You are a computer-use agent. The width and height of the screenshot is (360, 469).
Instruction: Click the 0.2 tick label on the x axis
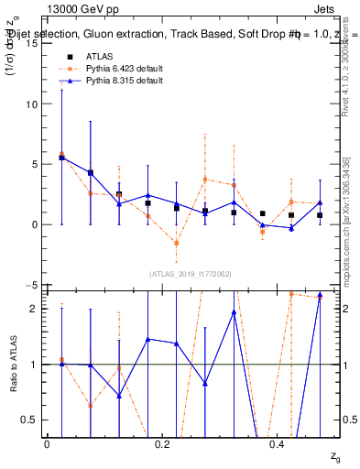[162, 444]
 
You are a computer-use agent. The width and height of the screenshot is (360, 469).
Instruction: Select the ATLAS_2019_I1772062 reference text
[190, 274]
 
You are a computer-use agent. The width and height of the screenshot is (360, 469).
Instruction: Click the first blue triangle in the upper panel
[61, 158]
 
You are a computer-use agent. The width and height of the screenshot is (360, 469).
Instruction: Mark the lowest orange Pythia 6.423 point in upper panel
[176, 243]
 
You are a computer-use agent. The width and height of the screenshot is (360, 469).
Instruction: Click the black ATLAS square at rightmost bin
[320, 215]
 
